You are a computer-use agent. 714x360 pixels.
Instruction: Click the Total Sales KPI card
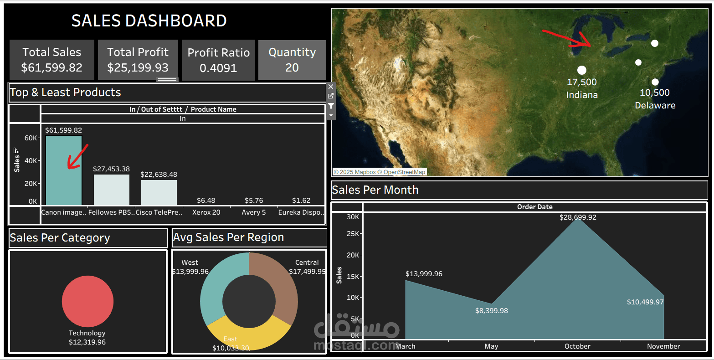point(52,60)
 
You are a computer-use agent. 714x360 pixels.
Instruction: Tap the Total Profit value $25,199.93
point(138,68)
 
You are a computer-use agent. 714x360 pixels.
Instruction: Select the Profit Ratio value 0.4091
point(218,68)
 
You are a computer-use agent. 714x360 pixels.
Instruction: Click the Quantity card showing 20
point(292,60)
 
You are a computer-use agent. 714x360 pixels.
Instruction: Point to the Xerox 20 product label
point(206,212)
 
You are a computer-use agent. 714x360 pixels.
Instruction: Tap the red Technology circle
point(87,301)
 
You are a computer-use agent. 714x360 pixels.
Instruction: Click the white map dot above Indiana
point(582,70)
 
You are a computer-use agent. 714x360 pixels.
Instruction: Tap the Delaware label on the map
point(655,105)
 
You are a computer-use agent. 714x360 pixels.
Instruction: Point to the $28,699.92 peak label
point(578,217)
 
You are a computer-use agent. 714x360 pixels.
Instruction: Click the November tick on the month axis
point(663,346)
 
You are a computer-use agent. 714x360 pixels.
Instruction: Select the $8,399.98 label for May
point(491,311)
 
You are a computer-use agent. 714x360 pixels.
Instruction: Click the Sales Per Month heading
point(375,190)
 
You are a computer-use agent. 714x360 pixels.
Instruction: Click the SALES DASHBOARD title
point(149,21)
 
